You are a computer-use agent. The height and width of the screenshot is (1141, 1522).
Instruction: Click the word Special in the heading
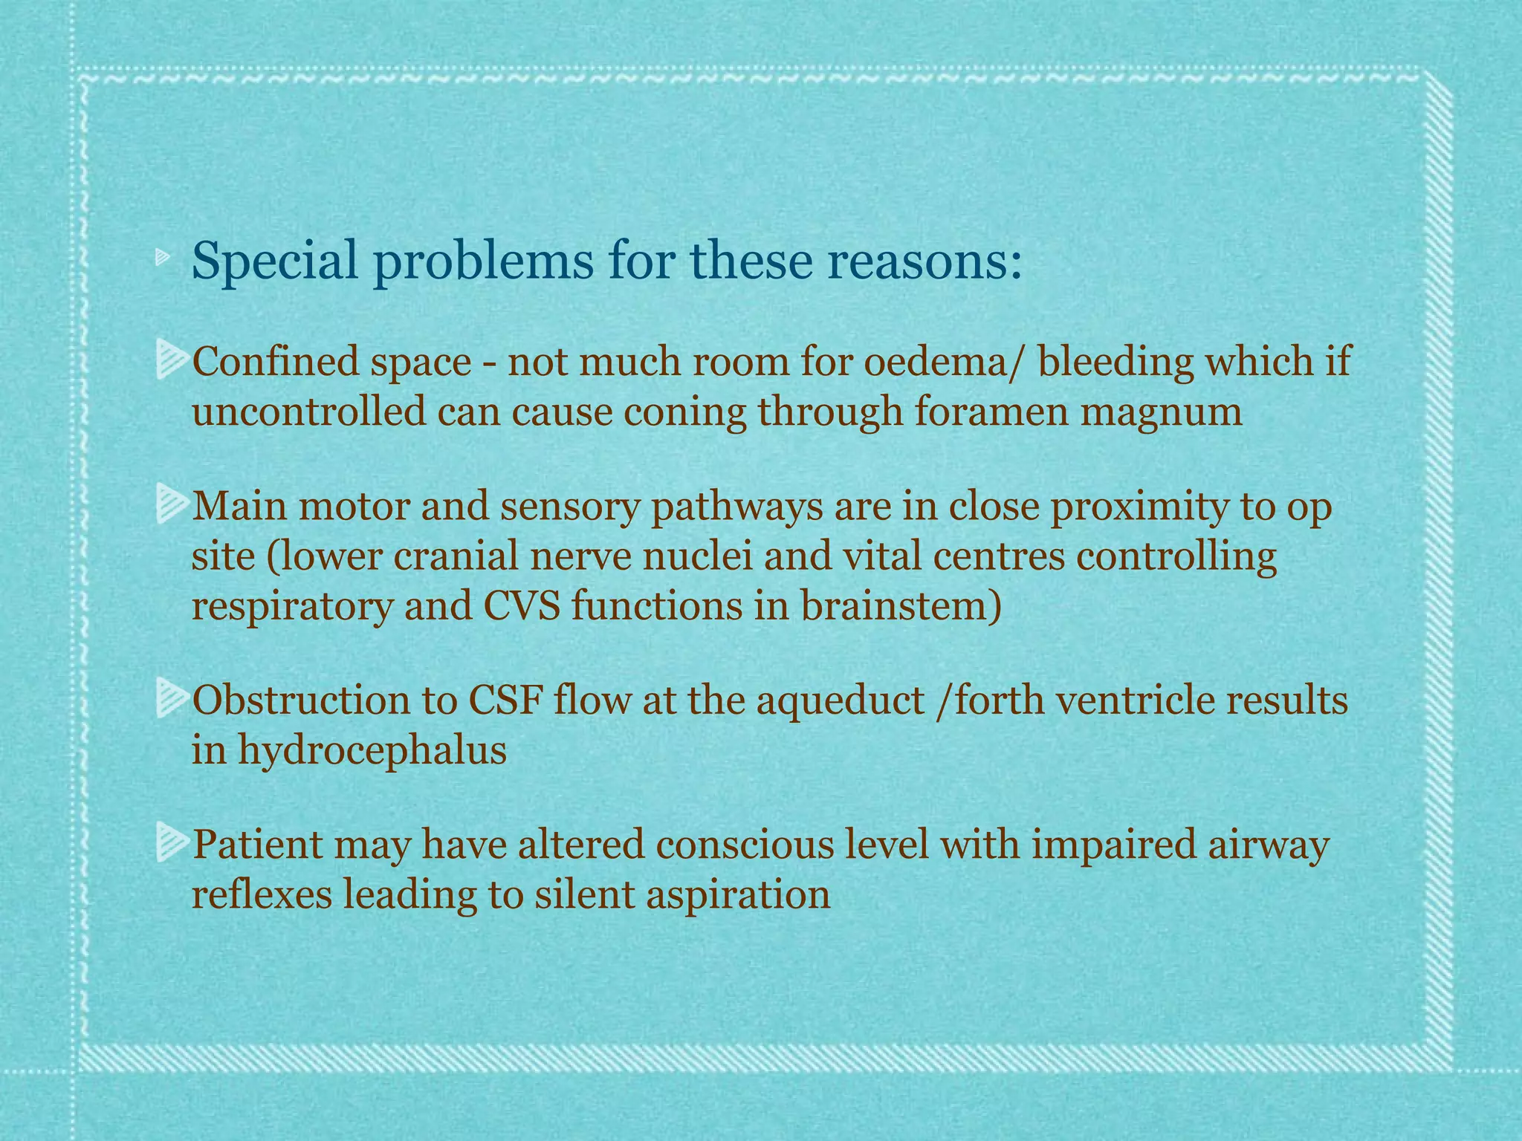(x=274, y=261)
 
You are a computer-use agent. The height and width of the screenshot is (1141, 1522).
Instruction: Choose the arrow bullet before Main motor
(x=172, y=505)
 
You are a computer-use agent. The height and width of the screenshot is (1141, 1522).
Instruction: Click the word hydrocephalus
(x=372, y=751)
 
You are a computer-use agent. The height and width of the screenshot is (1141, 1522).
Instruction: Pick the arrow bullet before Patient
(x=172, y=845)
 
